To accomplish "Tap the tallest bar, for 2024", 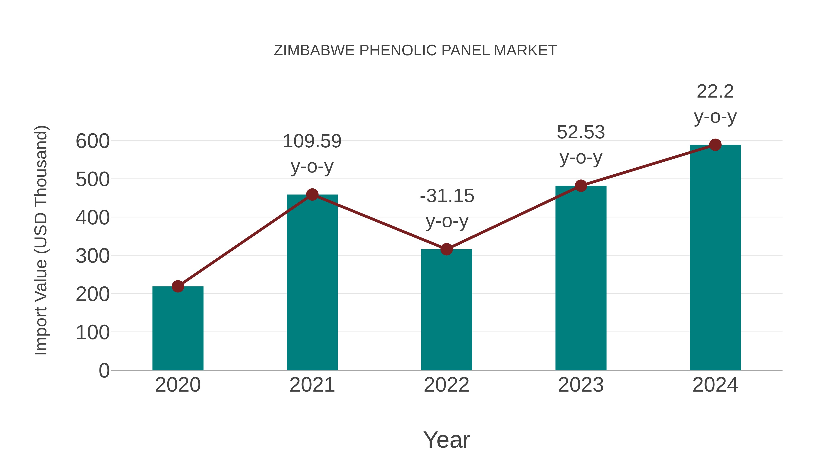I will pos(715,258).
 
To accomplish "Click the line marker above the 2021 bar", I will pos(312,195).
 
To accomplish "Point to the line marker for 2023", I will pos(581,186).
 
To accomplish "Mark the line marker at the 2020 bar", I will pos(178,286).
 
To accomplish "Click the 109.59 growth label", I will pos(312,142).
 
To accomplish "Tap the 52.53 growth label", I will pos(581,132).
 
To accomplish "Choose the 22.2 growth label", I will pos(715,92).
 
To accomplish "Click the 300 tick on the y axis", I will pos(93,256).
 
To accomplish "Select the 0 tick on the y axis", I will pos(104,370).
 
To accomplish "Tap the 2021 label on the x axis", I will pos(312,385).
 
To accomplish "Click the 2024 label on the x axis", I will pos(715,385).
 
